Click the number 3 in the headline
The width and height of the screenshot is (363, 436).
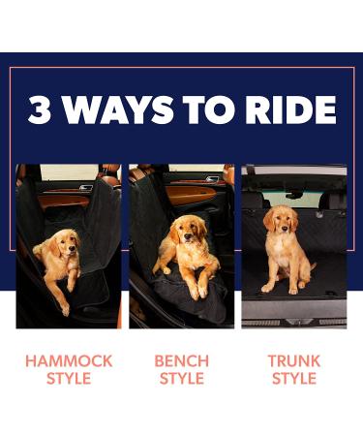(x=40, y=110)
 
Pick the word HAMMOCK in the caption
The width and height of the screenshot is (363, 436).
(x=69, y=360)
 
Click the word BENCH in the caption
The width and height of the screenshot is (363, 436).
(x=181, y=360)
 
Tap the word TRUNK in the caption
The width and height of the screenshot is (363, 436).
(x=294, y=360)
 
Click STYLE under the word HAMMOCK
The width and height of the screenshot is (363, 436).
(x=69, y=378)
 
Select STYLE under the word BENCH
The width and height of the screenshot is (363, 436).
(x=181, y=378)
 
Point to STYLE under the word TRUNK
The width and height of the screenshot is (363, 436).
(x=294, y=378)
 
